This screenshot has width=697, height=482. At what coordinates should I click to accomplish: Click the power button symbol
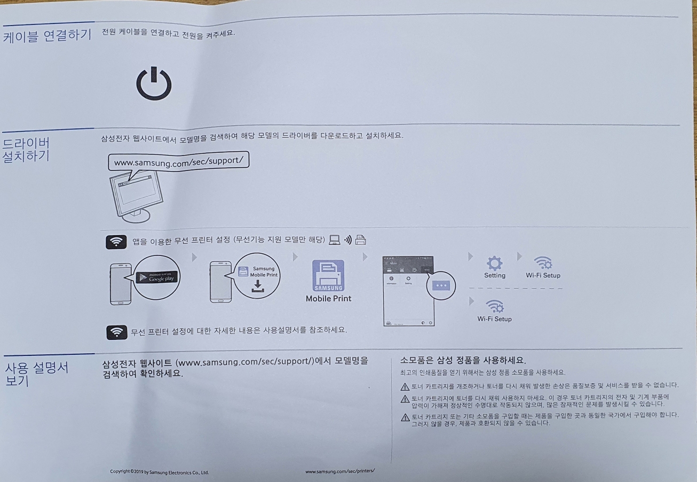tap(154, 84)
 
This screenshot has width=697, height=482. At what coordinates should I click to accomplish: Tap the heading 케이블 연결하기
tap(47, 35)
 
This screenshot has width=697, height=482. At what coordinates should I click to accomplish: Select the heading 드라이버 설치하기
tap(27, 150)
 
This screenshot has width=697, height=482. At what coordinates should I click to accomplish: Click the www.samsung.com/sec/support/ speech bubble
tap(179, 161)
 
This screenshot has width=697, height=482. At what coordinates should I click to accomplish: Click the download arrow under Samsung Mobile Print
tap(257, 286)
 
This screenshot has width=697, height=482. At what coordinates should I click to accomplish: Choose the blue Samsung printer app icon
tap(328, 276)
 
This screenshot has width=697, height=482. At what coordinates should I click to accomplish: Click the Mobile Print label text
tap(328, 299)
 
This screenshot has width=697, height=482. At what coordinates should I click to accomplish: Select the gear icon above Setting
tap(495, 263)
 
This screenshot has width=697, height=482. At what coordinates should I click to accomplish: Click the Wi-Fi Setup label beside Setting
tap(543, 276)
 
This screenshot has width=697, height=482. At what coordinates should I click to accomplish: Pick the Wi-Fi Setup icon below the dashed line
tap(494, 306)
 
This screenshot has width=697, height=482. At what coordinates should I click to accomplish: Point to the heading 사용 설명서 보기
tap(36, 374)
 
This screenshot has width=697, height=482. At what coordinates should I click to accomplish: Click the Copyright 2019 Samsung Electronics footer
tap(159, 472)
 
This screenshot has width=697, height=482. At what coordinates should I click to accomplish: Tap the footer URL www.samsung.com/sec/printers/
tap(340, 470)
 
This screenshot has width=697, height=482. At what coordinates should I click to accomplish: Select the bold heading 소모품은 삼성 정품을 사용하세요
tap(463, 360)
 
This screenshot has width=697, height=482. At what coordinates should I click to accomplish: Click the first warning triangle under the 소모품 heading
tap(405, 386)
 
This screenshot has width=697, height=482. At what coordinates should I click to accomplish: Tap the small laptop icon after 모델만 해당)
tap(335, 240)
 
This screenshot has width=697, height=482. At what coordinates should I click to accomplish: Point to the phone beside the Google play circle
tap(120, 283)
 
